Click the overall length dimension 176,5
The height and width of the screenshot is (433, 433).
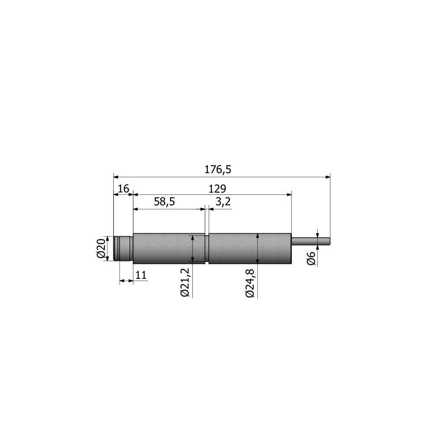click(218, 169)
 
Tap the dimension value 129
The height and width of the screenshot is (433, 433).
click(217, 189)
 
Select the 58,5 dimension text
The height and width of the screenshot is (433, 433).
click(164, 202)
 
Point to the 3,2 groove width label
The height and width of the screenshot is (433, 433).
click(223, 202)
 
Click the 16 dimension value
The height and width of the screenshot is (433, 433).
click(123, 189)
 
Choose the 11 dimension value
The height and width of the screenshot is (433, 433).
click(141, 275)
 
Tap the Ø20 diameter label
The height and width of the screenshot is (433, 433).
click(101, 248)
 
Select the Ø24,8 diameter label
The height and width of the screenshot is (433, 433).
click(250, 282)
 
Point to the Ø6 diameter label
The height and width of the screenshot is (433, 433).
click(311, 259)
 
